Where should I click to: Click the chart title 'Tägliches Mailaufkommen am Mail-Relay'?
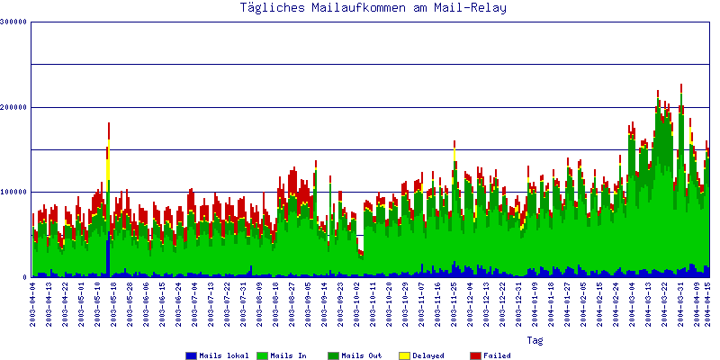click(x=373, y=9)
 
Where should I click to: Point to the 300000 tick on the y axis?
click(x=14, y=22)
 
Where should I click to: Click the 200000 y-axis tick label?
click(x=14, y=107)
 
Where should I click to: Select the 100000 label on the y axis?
click(x=14, y=192)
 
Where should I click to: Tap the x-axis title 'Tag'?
click(x=535, y=341)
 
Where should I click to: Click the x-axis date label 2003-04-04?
click(x=32, y=304)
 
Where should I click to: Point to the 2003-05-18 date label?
click(x=113, y=304)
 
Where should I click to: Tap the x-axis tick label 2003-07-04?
click(x=195, y=304)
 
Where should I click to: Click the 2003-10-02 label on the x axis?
click(x=357, y=304)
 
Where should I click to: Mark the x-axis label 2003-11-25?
click(x=454, y=304)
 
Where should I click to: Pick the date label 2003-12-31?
click(x=519, y=304)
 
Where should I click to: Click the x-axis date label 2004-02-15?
click(x=600, y=304)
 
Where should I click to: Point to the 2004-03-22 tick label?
click(x=665, y=304)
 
